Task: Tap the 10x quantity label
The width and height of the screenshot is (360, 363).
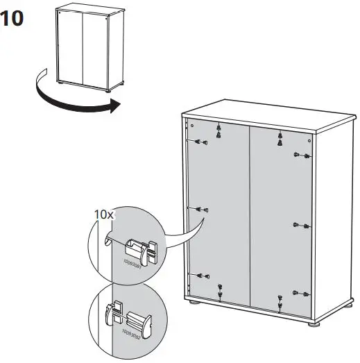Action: [103, 214]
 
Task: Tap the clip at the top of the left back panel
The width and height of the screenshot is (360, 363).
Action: [219, 130]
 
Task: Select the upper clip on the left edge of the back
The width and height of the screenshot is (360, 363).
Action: [201, 142]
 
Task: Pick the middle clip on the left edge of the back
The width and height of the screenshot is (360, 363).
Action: [202, 208]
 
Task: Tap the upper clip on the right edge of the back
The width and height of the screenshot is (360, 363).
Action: [299, 155]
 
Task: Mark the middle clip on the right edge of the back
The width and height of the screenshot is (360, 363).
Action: [299, 225]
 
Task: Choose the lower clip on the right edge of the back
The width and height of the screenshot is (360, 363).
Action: [299, 293]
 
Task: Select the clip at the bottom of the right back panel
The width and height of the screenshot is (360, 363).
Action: [280, 301]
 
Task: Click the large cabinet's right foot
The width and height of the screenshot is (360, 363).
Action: [311, 323]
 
